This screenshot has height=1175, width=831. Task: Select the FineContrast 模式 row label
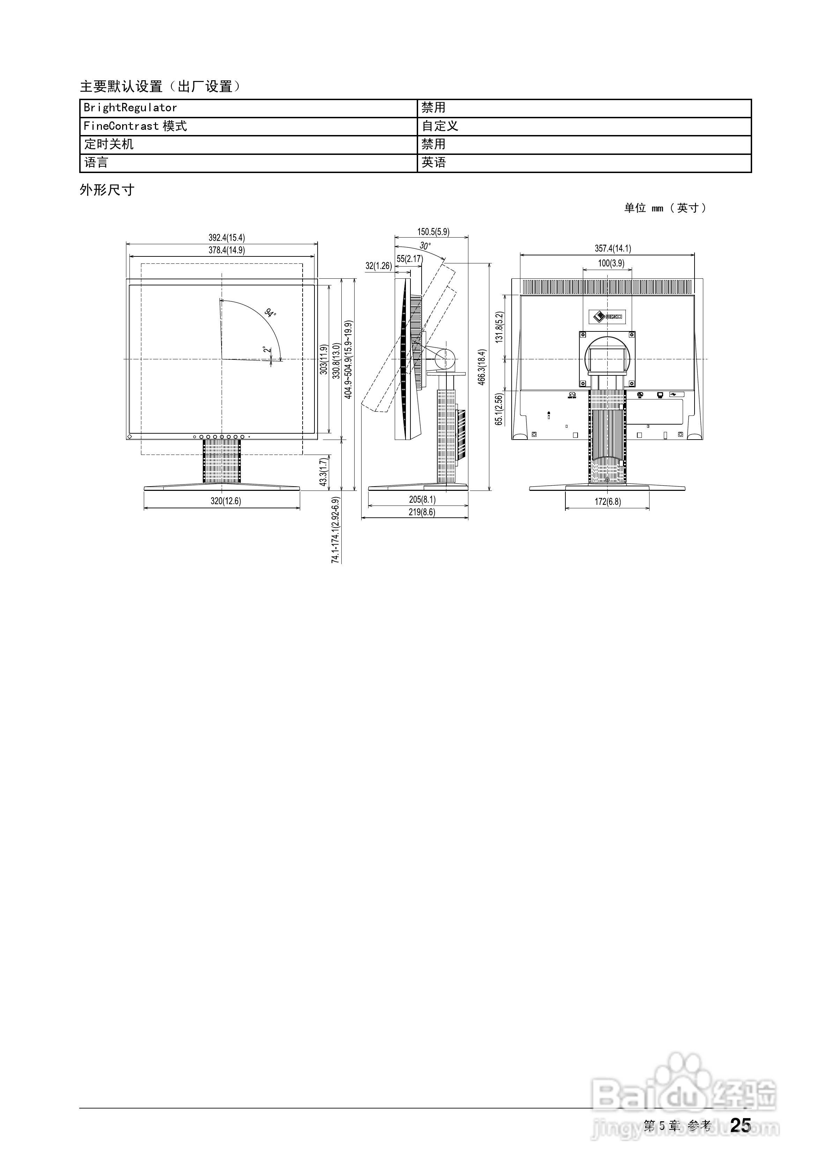[135, 126]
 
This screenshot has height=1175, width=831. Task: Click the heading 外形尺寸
[107, 190]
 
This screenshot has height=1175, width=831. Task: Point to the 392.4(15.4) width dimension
[226, 238]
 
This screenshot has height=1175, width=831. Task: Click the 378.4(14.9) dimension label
[226, 250]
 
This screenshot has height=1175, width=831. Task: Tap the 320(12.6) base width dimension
[226, 501]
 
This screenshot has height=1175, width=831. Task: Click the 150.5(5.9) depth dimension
[433, 232]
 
